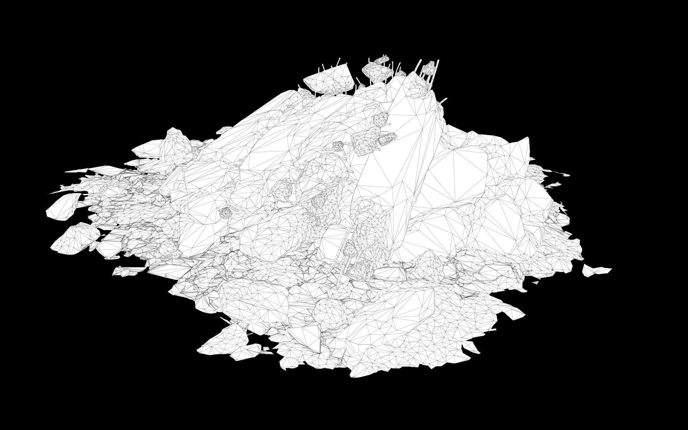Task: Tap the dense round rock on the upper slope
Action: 381,118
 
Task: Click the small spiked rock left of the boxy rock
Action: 338,146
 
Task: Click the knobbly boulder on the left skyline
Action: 176,138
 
